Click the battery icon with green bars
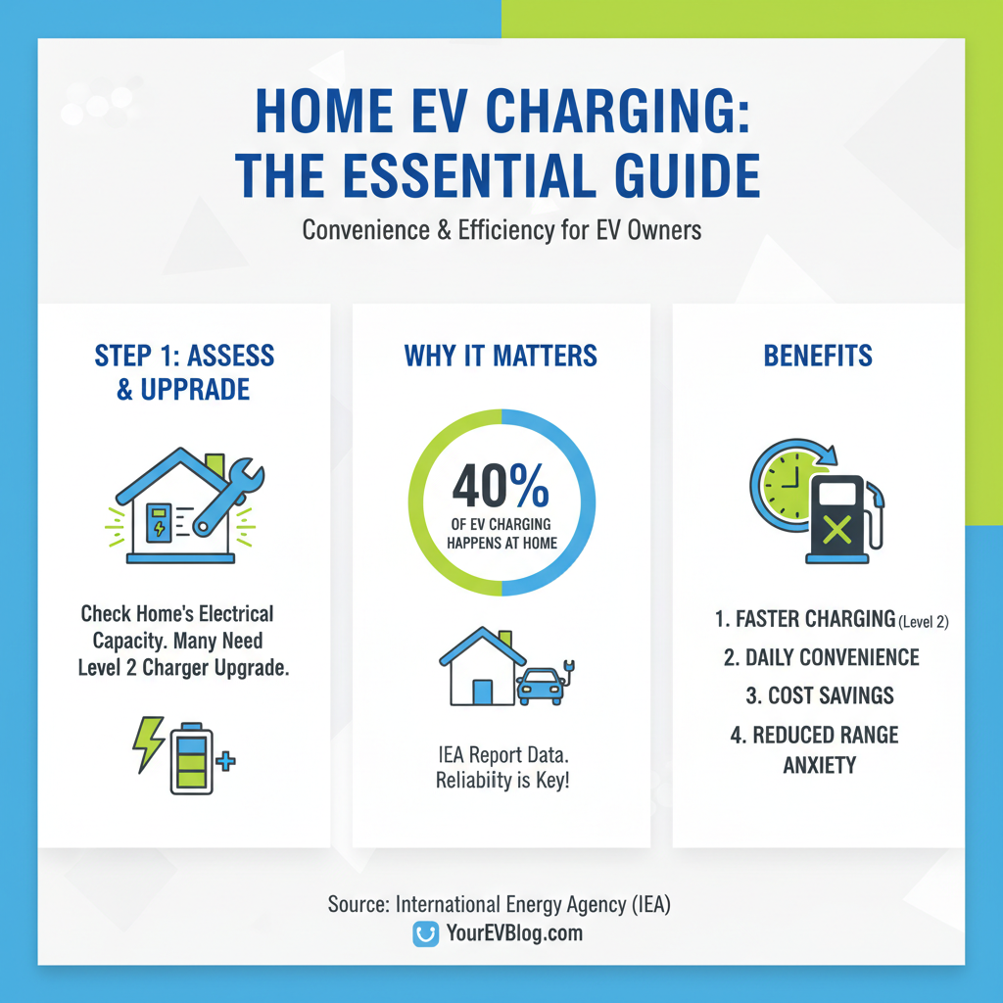pos(190,759)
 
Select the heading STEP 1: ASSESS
pos(184,355)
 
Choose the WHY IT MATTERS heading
pos(501,355)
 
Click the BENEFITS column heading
pos(818,355)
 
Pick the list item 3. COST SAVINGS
pos(818,695)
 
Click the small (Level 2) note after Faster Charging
pos(924,621)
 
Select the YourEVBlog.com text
pos(512,933)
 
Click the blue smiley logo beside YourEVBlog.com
pos(424,934)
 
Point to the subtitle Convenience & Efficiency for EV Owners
pos(501,231)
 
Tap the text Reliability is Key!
pos(501,783)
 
